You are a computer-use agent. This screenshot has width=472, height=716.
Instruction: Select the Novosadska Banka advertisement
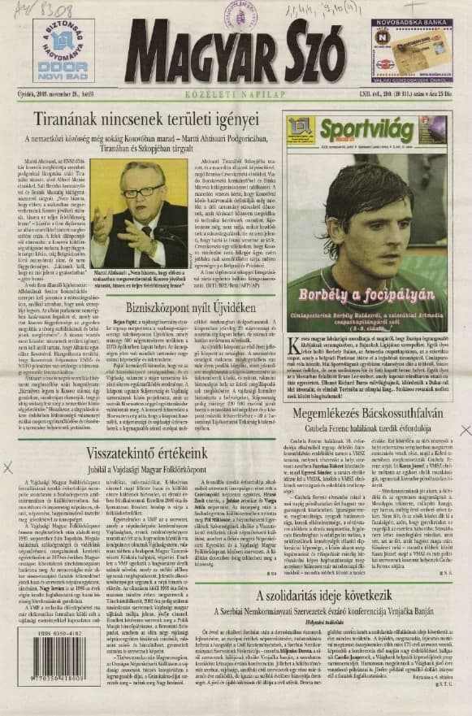411,50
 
